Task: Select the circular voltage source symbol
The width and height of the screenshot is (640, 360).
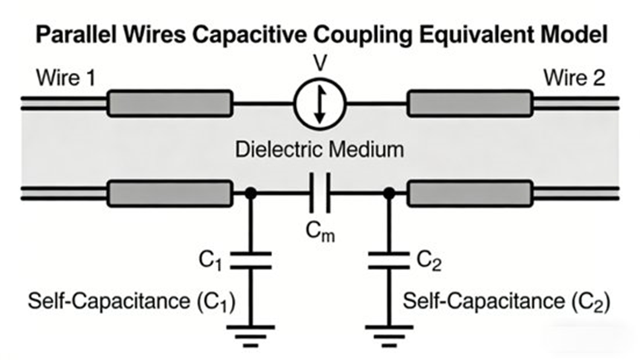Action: point(319,105)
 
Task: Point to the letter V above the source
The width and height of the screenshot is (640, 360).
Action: point(319,65)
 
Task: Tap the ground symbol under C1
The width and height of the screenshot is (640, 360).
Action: point(251,333)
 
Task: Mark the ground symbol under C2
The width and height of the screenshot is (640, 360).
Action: point(388,333)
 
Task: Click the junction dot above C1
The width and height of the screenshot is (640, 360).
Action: point(251,195)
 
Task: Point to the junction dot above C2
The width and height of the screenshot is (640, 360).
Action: point(388,195)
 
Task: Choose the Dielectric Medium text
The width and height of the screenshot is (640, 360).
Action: point(320,149)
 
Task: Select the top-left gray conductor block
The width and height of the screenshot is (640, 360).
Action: point(169,104)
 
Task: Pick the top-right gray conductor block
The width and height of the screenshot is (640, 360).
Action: point(470,104)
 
